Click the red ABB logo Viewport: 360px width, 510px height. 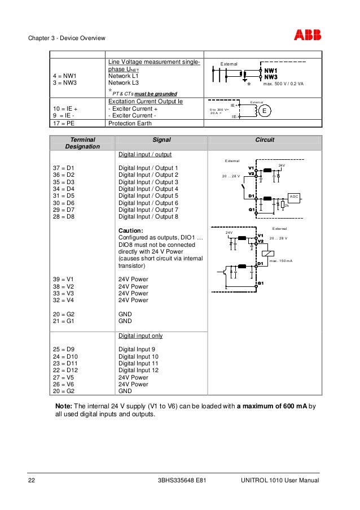[307, 36]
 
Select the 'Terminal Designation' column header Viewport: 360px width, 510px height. [82, 142]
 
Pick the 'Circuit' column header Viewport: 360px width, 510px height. [265, 139]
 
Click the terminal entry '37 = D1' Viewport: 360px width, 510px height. [64, 168]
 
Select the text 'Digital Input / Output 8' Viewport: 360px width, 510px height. [148, 217]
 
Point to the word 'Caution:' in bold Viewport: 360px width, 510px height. [130, 231]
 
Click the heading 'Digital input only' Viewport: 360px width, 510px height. [141, 335]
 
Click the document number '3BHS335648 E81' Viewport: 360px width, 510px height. [183, 481]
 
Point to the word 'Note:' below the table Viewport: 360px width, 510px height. [64, 406]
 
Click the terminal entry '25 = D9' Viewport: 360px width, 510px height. [64, 350]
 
